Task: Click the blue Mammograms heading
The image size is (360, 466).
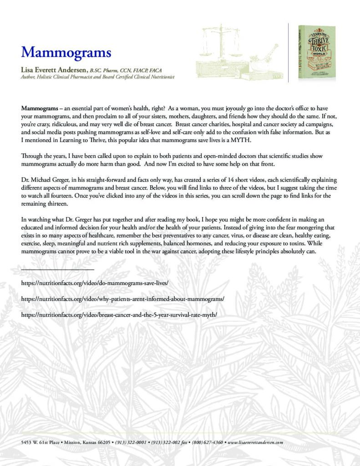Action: pos(66,52)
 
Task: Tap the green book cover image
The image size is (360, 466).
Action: pos(317,53)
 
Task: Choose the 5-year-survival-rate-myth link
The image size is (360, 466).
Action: pos(122,315)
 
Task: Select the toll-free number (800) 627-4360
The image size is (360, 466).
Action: pos(208,442)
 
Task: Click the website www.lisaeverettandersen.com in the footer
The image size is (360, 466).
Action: pos(255,442)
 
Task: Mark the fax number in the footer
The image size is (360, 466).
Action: pos(169,442)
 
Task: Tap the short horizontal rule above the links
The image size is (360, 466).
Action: pos(57,270)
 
